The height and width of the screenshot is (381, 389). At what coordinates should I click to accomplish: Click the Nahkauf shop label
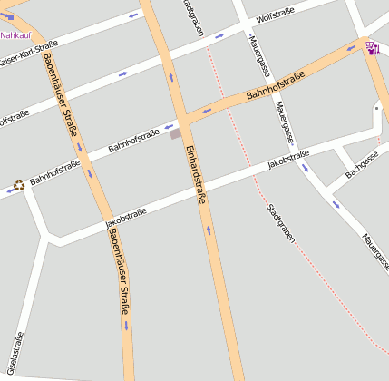tap(15, 35)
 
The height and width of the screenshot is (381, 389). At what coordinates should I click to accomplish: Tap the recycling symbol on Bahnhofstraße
tap(19, 185)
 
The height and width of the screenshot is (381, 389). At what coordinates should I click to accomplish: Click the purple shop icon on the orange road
tap(371, 47)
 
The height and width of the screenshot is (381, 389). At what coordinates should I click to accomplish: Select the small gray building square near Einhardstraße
tap(175, 134)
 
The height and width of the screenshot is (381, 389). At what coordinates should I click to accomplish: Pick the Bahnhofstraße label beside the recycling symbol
tap(54, 172)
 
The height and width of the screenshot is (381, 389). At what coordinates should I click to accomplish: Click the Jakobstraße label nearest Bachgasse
tap(288, 161)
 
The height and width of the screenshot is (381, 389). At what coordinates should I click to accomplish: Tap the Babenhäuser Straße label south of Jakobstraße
tap(119, 272)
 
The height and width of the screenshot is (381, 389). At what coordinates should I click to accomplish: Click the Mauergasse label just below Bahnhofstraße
tap(286, 123)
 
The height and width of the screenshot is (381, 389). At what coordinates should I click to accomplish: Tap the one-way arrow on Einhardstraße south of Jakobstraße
tap(209, 230)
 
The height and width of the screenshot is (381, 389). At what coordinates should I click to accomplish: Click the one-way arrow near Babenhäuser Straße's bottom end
tap(125, 324)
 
